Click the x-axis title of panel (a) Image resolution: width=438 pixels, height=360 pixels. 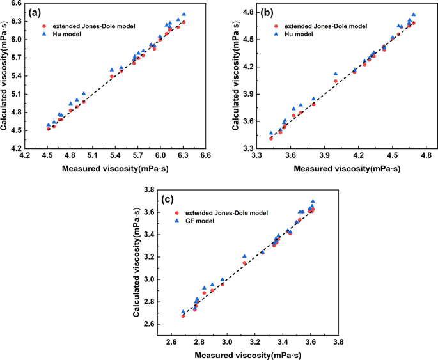[115, 168]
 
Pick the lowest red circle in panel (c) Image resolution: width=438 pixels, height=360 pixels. [183, 316]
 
